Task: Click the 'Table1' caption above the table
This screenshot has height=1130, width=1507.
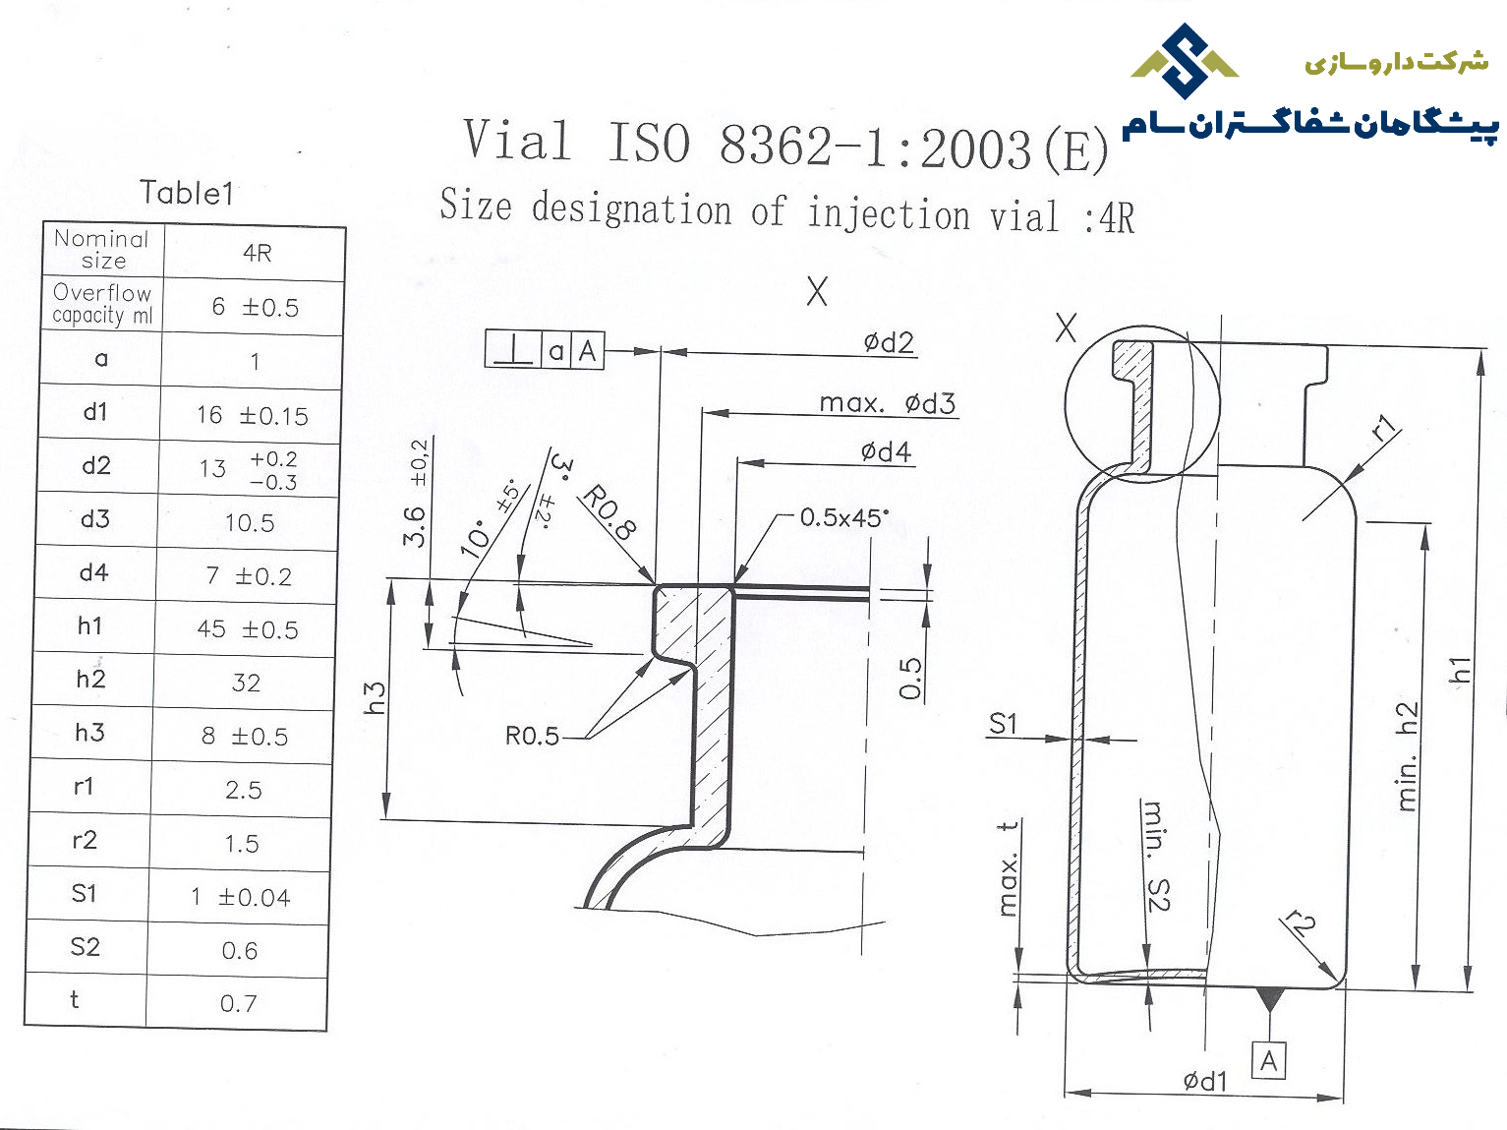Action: click(187, 193)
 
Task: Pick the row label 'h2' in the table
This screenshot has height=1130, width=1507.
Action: click(90, 680)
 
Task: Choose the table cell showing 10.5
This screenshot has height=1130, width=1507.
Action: click(250, 523)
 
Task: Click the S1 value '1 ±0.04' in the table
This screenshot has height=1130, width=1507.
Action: click(241, 897)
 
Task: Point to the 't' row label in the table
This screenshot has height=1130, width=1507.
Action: click(74, 999)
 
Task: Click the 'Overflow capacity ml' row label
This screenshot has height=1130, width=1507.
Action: click(102, 304)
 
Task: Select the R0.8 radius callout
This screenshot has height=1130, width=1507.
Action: click(609, 512)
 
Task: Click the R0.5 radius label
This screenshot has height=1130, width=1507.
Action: click(532, 737)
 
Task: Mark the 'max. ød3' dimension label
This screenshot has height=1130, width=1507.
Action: click(887, 403)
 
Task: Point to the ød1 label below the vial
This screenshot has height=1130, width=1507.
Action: click(1205, 1081)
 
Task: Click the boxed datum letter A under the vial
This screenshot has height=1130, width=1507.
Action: click(1269, 1061)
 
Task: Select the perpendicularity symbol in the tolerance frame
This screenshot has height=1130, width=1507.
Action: click(513, 350)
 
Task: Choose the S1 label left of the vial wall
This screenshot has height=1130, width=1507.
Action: click(1003, 724)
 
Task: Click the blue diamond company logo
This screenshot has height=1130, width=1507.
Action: click(1185, 60)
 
